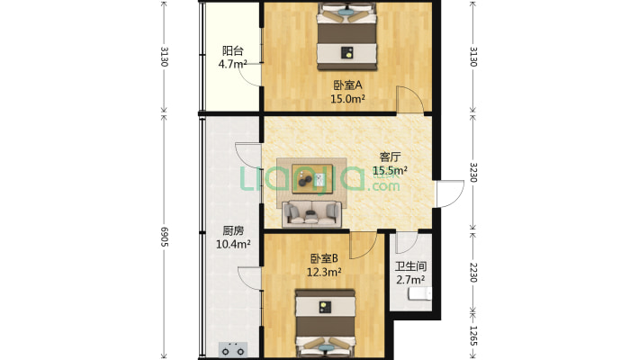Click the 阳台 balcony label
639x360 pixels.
click(233, 51)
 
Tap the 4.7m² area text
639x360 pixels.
click(233, 64)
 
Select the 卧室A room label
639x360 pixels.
click(347, 85)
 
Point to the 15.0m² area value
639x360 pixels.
click(347, 99)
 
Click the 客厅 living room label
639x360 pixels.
click(390, 157)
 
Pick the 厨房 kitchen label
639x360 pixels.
click(233, 230)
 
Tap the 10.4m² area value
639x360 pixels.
click(233, 244)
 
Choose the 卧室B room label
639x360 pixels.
click(324, 258)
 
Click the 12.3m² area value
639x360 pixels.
click(324, 272)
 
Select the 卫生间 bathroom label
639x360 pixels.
click(410, 266)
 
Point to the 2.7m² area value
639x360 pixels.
click(410, 280)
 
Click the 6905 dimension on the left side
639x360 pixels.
click(164, 237)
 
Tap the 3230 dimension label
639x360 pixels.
click(473, 173)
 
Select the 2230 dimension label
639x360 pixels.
click(473, 273)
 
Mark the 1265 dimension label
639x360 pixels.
click(473, 336)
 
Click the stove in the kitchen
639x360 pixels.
click(233, 349)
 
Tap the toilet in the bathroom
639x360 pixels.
click(420, 293)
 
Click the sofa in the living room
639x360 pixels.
click(311, 214)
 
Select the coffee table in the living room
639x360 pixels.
click(312, 178)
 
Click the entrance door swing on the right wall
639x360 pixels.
click(450, 193)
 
